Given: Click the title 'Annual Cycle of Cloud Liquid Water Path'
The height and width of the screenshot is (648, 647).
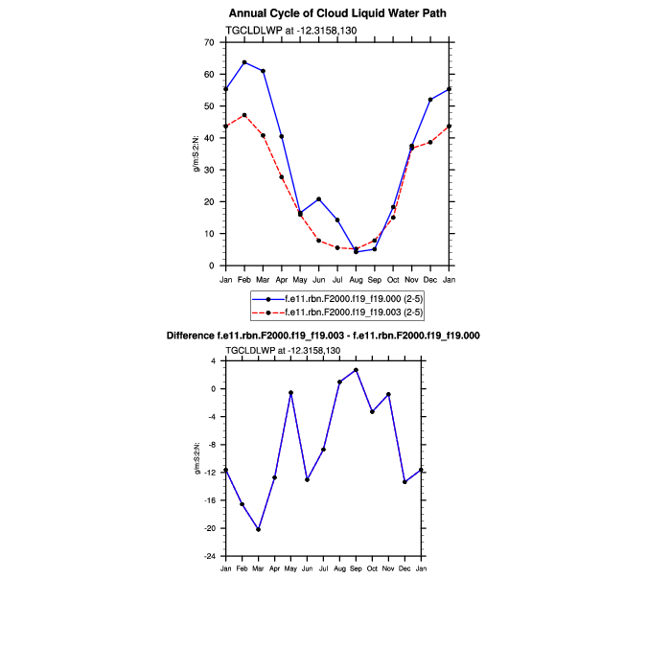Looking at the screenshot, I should [337, 13].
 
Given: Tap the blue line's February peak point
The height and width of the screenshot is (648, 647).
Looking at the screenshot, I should [244, 62].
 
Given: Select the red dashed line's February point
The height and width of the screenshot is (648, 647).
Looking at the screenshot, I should [244, 115].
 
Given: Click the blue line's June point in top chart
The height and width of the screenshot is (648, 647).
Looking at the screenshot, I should [318, 199].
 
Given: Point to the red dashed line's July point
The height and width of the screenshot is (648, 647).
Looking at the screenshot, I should [337, 247].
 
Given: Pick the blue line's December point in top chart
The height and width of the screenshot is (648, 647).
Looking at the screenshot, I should [430, 100].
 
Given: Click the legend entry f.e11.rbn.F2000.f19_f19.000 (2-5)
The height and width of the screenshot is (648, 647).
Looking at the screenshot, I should [348, 300].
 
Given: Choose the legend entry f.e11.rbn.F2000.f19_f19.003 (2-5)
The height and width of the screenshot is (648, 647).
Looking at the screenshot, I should [348, 312].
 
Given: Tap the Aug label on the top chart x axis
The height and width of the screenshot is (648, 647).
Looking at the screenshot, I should [356, 280].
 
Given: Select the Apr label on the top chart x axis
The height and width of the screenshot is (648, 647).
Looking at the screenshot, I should [281, 280].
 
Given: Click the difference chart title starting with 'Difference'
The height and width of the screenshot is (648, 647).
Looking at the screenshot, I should [336, 336].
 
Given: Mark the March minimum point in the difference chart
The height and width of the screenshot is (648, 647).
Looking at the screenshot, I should [259, 529].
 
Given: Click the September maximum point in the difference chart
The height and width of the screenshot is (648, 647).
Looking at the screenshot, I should [356, 370].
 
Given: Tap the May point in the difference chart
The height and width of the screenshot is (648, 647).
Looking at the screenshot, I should [290, 393].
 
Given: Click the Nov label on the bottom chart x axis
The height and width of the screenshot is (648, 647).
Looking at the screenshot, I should [388, 569].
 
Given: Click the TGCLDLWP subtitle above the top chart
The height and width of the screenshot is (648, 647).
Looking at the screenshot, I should [282, 31].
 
